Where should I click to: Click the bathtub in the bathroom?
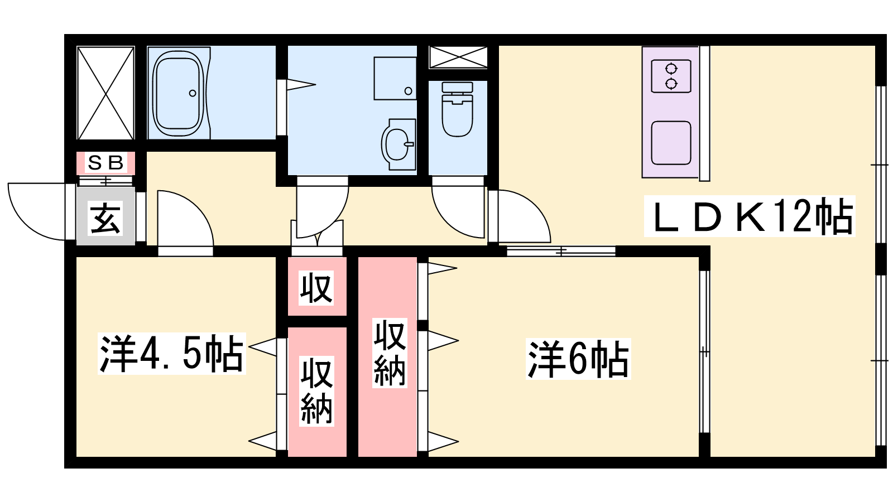[179, 93]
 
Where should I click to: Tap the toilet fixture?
[457, 109]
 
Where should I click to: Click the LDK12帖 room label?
[750, 216]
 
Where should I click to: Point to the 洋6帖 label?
[578, 359]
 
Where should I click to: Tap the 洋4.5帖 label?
[171, 354]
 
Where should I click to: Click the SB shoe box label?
[105, 162]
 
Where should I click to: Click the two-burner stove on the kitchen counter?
[671, 76]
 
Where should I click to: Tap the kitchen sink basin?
[671, 143]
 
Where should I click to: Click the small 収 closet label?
[316, 288]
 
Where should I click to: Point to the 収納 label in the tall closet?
[390, 353]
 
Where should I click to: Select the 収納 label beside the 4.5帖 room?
[316, 392]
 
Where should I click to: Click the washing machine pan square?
[395, 79]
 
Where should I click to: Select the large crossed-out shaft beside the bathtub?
[105, 93]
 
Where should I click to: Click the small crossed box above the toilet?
[458, 57]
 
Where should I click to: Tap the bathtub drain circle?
[193, 93]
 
